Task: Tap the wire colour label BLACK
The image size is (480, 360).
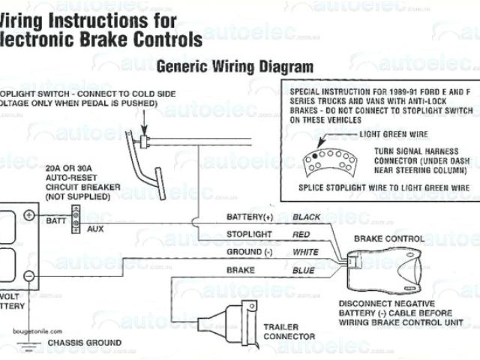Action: pyautogui.click(x=307, y=217)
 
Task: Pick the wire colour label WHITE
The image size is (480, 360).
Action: pyautogui.click(x=305, y=251)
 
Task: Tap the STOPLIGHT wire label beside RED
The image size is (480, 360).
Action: pyautogui.click(x=249, y=234)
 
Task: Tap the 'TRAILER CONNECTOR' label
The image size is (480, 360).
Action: pyautogui.click(x=292, y=331)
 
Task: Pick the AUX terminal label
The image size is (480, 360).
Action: pyautogui.click(x=95, y=228)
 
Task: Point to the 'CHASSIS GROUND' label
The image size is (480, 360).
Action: pyautogui.click(x=84, y=343)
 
